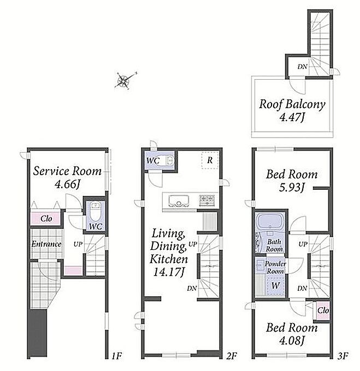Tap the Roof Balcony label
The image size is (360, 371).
tap(292, 104)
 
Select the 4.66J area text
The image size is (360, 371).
tap(67, 184)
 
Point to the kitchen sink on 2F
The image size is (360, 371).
tap(179, 201)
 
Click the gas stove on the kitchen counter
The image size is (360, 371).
tap(206, 200)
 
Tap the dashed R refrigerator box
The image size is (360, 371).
tap(210, 160)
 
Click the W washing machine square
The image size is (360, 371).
tap(275, 285)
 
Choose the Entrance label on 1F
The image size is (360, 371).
tap(46, 244)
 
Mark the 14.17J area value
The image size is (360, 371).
tap(169, 272)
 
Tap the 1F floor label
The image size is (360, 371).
tap(117, 355)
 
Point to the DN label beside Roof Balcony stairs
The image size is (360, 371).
tap(302, 67)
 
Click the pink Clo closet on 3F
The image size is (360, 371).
tap(323, 310)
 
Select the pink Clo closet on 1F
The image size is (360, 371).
tap(46, 218)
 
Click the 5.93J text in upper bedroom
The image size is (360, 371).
tap(292, 188)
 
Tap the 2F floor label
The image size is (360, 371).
tap(232, 355)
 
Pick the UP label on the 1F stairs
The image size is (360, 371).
tap(78, 244)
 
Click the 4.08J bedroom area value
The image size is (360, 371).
tap(292, 341)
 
